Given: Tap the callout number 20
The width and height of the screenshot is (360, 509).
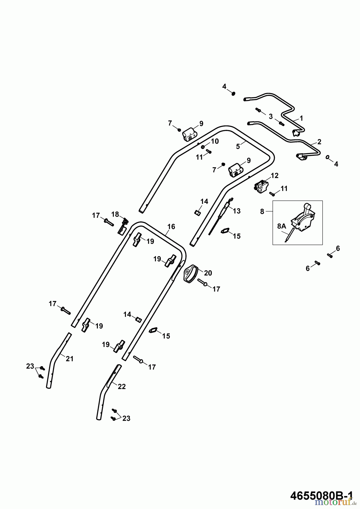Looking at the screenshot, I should pyautogui.click(x=208, y=273).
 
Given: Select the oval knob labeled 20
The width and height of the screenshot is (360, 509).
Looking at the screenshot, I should pyautogui.click(x=191, y=273).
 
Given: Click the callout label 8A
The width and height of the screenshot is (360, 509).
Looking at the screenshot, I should pyautogui.click(x=281, y=226).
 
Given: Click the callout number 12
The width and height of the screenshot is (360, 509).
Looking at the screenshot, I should pyautogui.click(x=275, y=176).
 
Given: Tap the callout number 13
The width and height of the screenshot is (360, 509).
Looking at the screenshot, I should pyautogui.click(x=236, y=211).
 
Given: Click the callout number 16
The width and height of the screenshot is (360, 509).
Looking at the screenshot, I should pyautogui.click(x=171, y=227).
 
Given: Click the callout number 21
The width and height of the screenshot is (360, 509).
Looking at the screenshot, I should pyautogui.click(x=70, y=359).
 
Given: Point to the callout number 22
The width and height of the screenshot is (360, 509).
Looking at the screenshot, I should pyautogui.click(x=121, y=386).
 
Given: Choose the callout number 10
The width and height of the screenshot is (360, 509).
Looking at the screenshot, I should pyautogui.click(x=215, y=141).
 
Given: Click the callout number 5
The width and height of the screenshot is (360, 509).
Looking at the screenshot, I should pyautogui.click(x=238, y=146).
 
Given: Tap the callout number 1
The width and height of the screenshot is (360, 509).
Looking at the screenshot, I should pyautogui.click(x=301, y=118).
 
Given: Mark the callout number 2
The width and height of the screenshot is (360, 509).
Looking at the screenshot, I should pyautogui.click(x=319, y=142).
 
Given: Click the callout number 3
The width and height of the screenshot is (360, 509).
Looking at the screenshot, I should pyautogui.click(x=271, y=116).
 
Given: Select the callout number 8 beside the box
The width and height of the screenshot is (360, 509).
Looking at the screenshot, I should pyautogui.click(x=262, y=211).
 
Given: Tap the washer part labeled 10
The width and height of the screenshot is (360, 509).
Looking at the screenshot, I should pyautogui.click(x=203, y=147).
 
